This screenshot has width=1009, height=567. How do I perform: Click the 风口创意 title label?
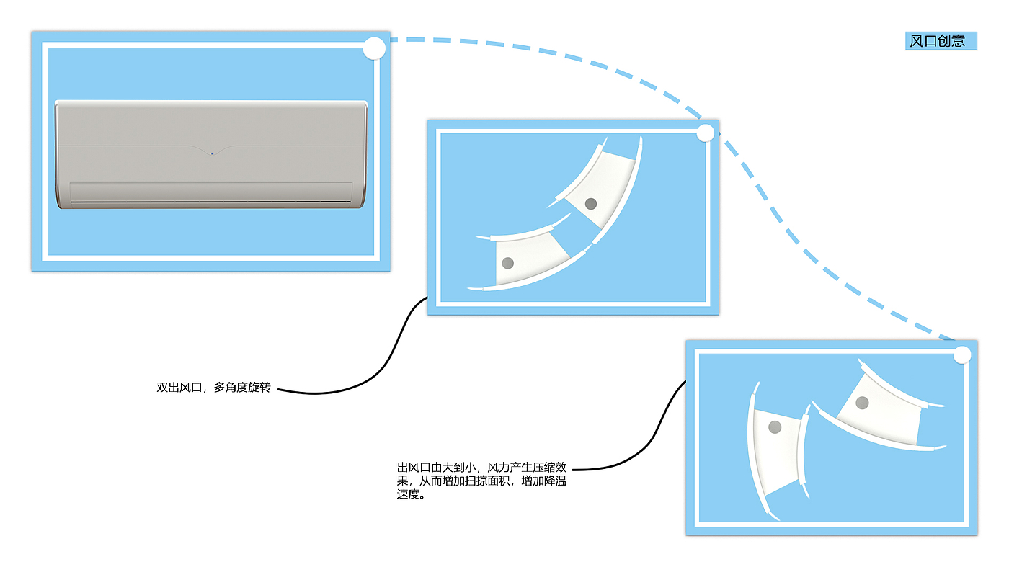941,41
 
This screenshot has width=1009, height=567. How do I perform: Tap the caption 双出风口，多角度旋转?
213,388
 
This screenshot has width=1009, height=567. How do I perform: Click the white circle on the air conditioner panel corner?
374,49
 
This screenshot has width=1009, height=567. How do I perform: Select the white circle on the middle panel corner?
706,133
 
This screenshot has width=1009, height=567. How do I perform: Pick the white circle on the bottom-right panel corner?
962,354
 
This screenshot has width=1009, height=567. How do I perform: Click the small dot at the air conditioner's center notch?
211,153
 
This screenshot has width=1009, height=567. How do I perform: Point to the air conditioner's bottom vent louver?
211,192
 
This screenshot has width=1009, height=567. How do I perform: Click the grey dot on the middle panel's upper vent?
592,204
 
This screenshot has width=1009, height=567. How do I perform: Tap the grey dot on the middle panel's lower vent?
508,263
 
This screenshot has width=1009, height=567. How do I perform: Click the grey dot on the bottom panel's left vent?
775,427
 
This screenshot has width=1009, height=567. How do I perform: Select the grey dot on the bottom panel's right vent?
862,403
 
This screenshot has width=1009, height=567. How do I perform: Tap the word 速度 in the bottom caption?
408,495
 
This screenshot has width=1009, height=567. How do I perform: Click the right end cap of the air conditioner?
364,155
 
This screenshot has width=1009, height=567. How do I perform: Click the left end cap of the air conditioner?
58,155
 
